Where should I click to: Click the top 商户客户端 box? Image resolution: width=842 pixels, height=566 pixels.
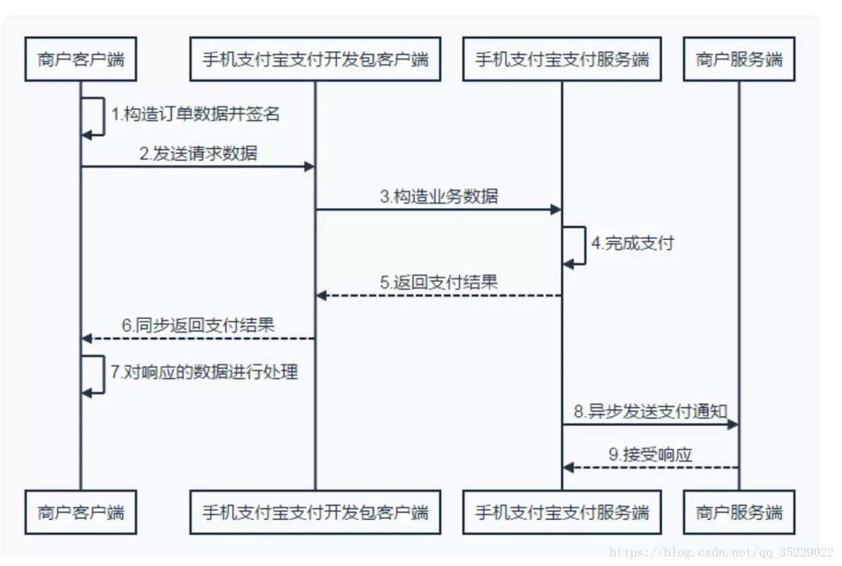click(81, 59)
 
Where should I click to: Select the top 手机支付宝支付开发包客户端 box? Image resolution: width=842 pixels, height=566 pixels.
click(315, 59)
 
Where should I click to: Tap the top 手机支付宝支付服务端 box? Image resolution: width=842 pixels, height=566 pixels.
click(562, 59)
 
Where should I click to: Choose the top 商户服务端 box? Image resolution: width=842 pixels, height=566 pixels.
click(739, 59)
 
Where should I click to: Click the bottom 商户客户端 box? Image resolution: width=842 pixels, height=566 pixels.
click(81, 512)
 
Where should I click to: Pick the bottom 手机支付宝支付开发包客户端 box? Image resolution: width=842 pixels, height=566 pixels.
click(315, 512)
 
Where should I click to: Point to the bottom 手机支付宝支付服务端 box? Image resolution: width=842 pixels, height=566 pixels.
click(562, 512)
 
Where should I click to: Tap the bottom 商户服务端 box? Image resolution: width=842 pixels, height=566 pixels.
click(739, 512)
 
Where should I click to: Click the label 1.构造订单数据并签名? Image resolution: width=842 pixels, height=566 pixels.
click(196, 114)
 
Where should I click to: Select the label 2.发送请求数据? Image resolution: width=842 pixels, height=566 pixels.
click(198, 154)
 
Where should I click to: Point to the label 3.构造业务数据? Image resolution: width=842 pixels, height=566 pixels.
click(439, 197)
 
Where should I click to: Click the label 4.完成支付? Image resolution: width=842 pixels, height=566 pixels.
click(632, 243)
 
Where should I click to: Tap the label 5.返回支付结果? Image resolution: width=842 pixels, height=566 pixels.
click(439, 282)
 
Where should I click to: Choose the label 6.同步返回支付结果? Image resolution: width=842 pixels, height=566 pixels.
click(198, 325)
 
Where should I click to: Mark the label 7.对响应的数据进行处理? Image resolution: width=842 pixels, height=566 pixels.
click(204, 372)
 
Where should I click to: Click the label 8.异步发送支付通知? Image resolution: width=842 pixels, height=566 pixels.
click(651, 412)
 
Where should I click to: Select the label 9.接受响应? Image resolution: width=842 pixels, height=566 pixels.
click(650, 455)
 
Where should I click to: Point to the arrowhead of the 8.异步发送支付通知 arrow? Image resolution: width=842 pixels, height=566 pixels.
click(733, 425)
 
